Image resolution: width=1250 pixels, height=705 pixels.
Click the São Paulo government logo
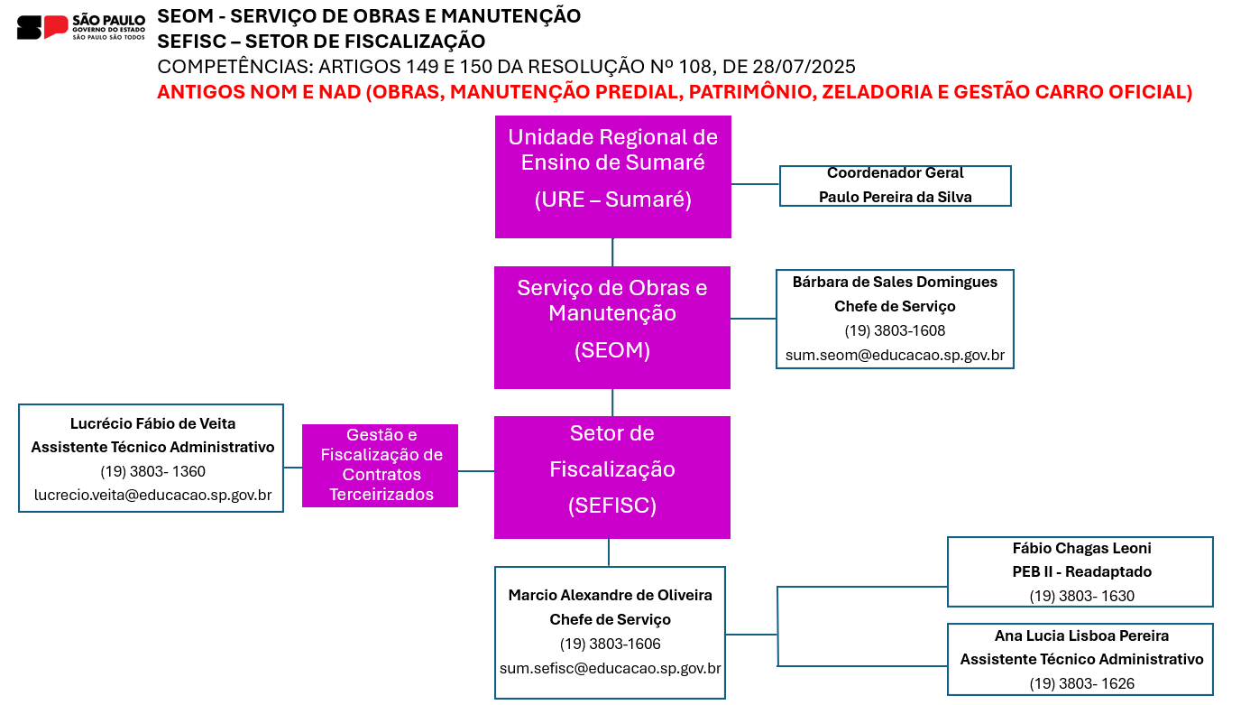pos(81,27)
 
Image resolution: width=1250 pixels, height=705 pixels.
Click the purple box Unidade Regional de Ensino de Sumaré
pos(612,177)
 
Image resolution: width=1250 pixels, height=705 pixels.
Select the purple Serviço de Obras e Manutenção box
pos(612,328)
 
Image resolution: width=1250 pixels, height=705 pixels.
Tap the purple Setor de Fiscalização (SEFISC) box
pos(612,478)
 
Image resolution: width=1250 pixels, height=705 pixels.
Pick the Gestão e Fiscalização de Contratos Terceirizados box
pos(380,466)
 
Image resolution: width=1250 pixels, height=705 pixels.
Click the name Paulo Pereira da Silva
pos(895,197)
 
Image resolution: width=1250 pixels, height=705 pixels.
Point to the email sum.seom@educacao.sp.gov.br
pos(895,356)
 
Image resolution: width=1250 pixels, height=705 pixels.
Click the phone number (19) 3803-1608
pos(895,330)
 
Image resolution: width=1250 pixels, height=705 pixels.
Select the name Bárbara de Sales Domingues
pos(895,283)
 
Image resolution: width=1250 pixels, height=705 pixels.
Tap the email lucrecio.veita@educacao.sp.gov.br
pos(153,496)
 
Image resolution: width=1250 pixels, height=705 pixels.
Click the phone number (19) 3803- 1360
pos(153,471)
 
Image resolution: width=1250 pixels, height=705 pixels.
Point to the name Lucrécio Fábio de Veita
pos(153,423)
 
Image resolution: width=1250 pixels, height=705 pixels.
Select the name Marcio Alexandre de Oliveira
pos(610,596)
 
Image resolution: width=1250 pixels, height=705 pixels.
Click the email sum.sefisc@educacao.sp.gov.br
pos(610,669)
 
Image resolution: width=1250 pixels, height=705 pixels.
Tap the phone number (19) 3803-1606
pos(610,645)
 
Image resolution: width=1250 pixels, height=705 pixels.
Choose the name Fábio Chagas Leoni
pos(1081,549)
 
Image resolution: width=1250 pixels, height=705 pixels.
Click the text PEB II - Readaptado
pos(1081,572)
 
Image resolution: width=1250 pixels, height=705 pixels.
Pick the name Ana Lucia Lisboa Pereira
pos(1081,635)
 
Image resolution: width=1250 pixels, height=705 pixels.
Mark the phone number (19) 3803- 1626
pos(1081,683)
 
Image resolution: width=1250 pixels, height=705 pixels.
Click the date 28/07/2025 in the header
pos(804,67)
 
